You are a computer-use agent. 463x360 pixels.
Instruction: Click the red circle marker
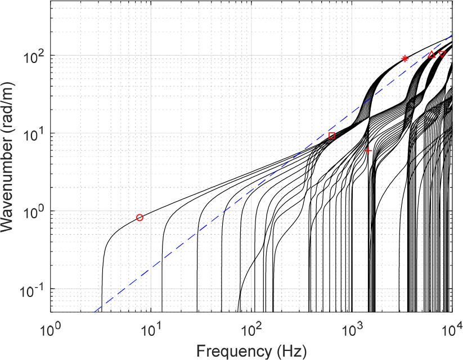[140, 218]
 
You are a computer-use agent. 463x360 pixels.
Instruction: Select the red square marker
[332, 136]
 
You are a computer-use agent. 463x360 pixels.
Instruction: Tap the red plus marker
[368, 151]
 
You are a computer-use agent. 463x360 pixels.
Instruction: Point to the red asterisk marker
[404, 58]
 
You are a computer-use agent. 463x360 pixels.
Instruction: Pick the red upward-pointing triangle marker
[431, 55]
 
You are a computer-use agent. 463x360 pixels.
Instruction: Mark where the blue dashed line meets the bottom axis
[95, 312]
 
